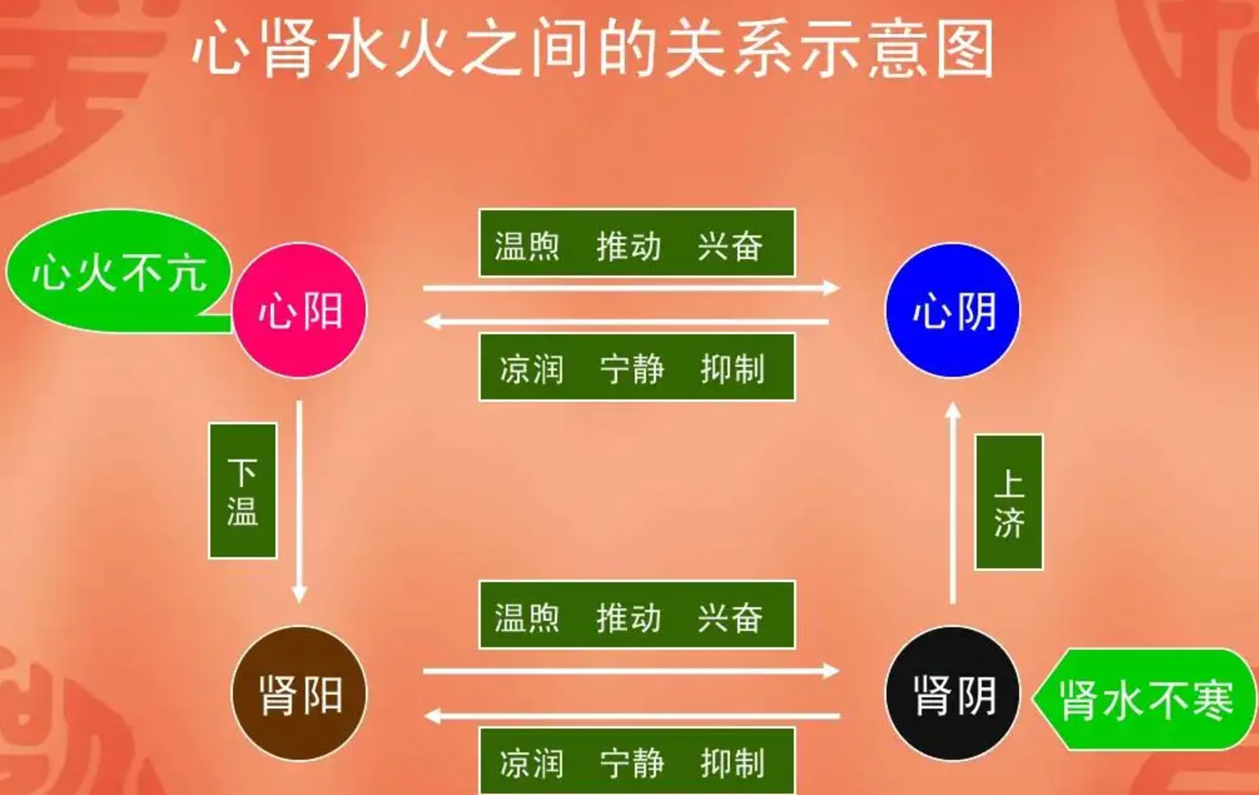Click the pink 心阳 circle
click(300, 310)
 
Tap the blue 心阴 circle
click(953, 310)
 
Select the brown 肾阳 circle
click(300, 694)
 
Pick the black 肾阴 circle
click(953, 694)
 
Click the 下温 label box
click(243, 490)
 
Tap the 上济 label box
click(1009, 502)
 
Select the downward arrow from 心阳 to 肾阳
click(300, 500)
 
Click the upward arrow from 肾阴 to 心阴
click(953, 504)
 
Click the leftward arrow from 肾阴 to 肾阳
click(632, 716)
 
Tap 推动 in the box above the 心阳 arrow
click(629, 245)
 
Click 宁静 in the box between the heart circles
click(632, 368)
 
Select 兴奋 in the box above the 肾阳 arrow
click(730, 617)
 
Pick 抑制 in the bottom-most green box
click(732, 763)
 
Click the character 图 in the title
click(965, 49)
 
